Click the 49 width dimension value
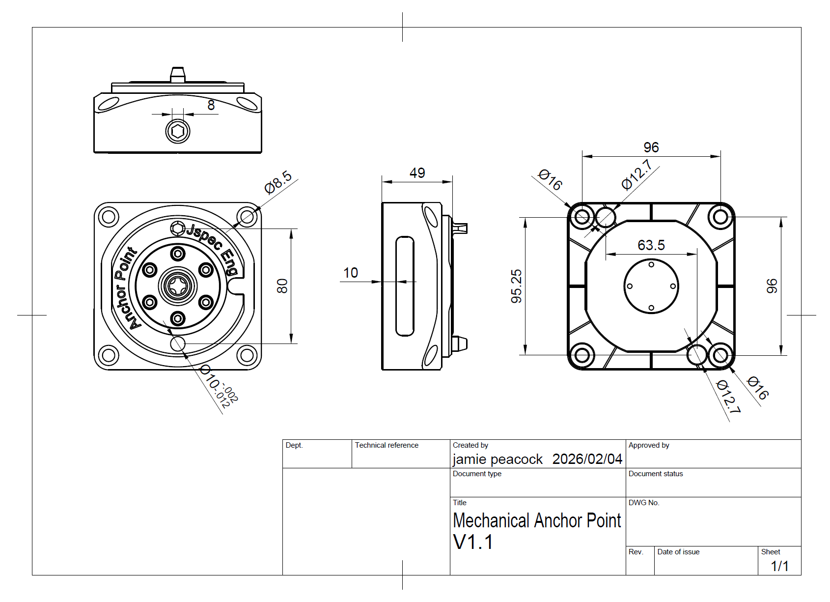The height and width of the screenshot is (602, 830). tap(417, 173)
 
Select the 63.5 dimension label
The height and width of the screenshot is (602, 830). tap(651, 245)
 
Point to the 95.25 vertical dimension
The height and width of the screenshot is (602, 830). tap(516, 286)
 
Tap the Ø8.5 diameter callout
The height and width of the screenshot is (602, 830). tap(278, 182)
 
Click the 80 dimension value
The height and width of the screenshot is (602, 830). tap(282, 286)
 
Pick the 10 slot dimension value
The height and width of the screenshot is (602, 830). tap(350, 273)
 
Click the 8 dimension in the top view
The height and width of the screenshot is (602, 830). tap(211, 105)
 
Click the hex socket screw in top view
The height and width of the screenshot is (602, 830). tap(178, 131)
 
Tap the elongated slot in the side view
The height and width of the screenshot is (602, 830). tap(405, 286)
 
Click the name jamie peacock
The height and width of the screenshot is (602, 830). tap(497, 459)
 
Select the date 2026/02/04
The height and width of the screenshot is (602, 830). tap(587, 459)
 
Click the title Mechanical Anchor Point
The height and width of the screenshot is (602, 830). tap(537, 520)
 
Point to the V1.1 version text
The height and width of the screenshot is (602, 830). tap(472, 542)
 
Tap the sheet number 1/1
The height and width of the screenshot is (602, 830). tap(779, 566)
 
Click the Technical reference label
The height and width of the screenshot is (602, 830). tap(387, 445)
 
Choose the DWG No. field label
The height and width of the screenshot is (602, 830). tap(643, 503)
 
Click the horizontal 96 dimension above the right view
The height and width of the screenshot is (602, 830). tap(651, 147)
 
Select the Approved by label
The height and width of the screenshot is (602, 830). tap(648, 445)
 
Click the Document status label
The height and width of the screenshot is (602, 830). tap(655, 474)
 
